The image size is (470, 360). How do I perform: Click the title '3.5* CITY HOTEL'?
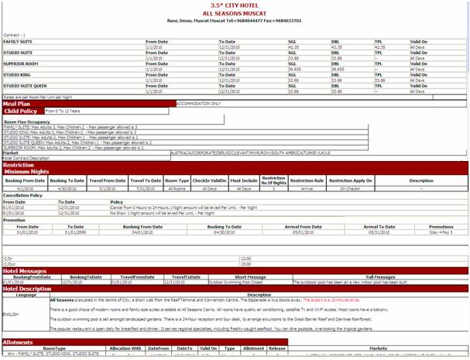[235, 5]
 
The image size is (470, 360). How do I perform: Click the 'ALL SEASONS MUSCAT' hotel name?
[235, 13]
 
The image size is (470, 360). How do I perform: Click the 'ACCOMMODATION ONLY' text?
[199, 103]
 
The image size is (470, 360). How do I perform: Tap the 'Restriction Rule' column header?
[307, 180]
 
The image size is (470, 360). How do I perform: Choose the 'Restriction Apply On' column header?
[350, 180]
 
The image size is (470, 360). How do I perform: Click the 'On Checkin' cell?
[350, 188]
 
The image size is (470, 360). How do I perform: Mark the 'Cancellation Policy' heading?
[22, 195]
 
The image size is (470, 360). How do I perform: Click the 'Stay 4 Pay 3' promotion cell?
[441, 231]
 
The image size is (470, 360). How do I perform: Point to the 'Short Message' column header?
[250, 276]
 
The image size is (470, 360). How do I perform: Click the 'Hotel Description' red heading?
[27, 289]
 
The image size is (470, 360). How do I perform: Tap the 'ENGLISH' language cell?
[11, 314]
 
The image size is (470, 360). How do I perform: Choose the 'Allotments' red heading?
[18, 341]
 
